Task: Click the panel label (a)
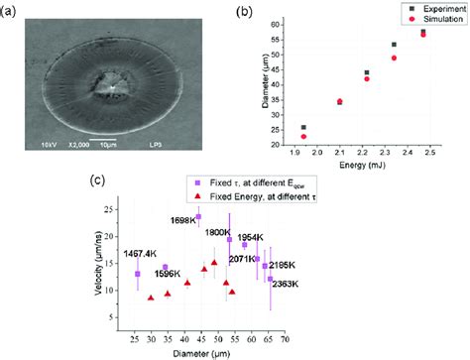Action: pos(13,9)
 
